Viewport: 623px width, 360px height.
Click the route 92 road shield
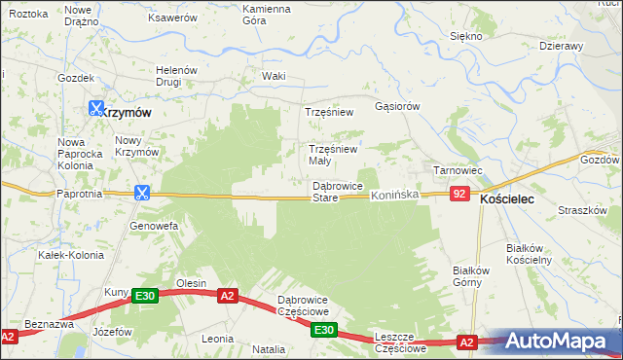point(459,195)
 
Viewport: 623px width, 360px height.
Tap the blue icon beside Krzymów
point(96,110)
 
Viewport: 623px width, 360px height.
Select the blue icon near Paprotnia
point(142,193)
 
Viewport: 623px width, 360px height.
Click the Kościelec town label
point(514,198)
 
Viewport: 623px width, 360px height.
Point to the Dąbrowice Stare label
point(338,192)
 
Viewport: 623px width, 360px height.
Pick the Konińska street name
point(393,196)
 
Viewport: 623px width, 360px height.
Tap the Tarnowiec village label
point(458,170)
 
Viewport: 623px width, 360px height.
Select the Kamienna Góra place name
point(267,15)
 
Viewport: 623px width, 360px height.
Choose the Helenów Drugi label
point(178,76)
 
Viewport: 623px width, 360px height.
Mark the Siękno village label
point(466,36)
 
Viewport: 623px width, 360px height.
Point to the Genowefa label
point(153,226)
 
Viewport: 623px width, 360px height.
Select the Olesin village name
point(190,283)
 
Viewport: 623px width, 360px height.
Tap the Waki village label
point(274,76)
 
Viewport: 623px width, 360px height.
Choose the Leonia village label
point(216,339)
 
